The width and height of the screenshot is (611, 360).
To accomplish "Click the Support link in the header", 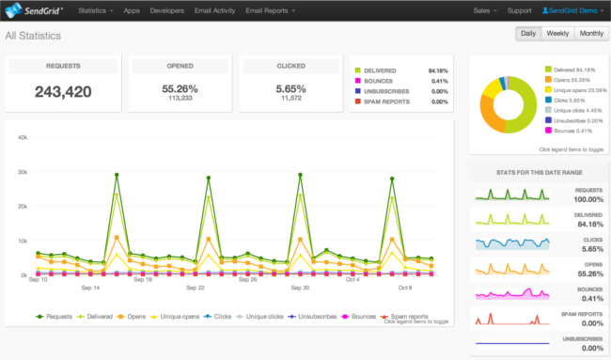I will [x=519, y=10].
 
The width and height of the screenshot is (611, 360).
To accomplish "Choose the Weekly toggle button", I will [x=556, y=34].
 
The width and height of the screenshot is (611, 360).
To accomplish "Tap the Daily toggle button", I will [x=528, y=34].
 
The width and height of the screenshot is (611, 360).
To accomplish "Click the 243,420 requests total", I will [x=63, y=91].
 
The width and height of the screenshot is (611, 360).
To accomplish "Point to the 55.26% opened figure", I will [x=176, y=86].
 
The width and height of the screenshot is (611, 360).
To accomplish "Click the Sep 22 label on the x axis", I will [x=195, y=288].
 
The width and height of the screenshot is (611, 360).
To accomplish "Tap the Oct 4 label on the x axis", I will [x=352, y=279].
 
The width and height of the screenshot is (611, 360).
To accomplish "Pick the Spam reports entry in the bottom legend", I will [x=411, y=318].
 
